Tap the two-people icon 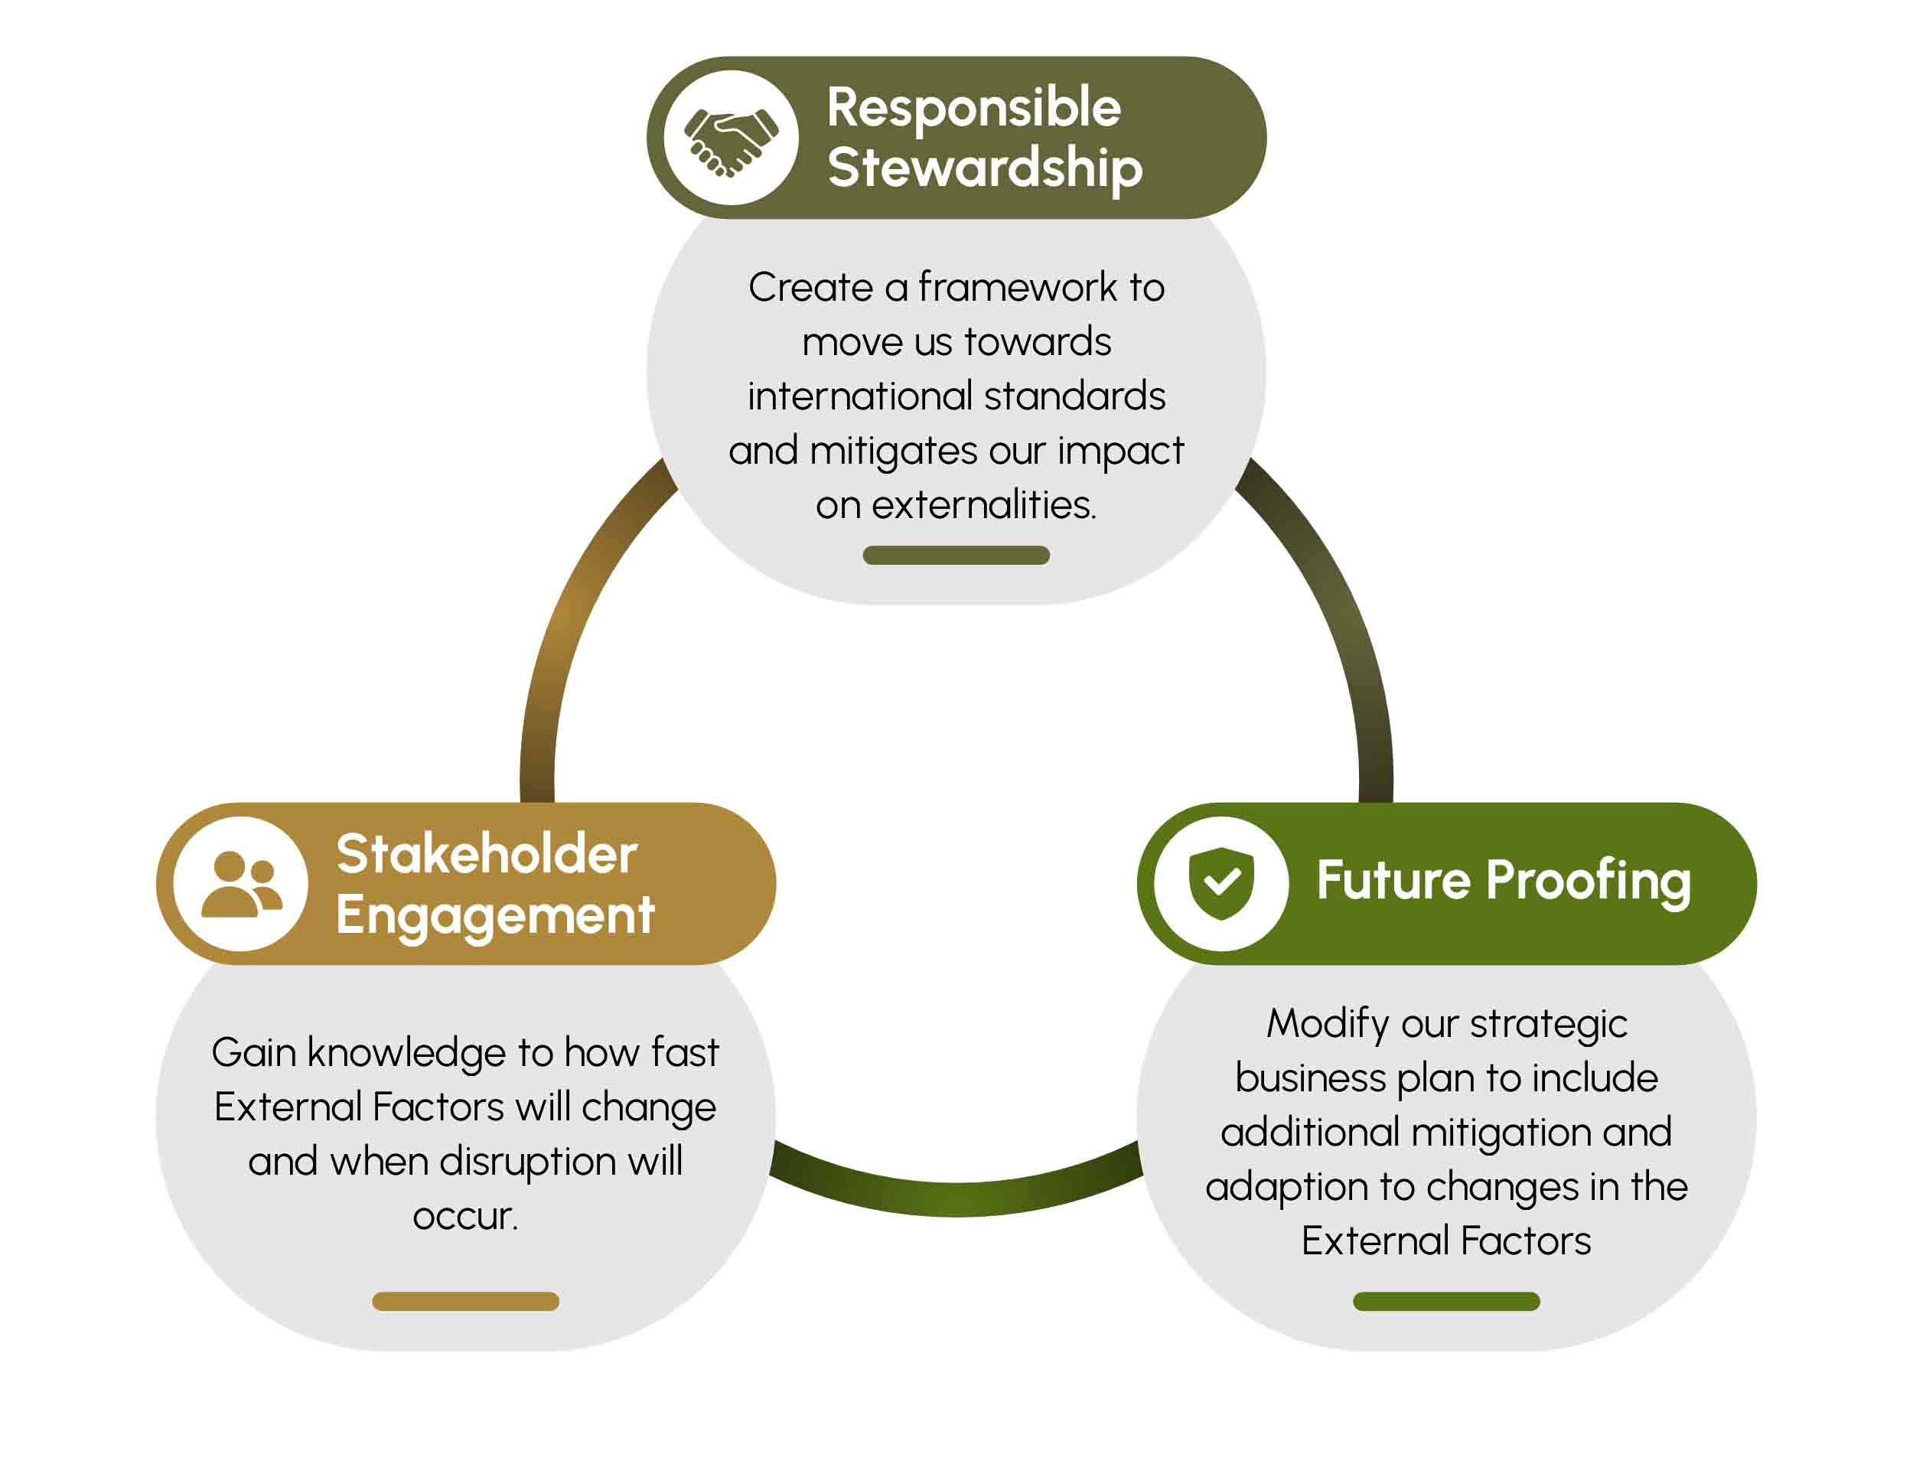(241, 884)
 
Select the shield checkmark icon (1221, 882)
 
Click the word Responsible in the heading (973, 108)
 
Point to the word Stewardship (985, 168)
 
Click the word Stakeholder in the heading (486, 854)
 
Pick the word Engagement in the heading (495, 916)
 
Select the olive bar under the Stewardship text (956, 556)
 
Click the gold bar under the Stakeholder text (465, 1302)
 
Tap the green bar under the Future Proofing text (1446, 1302)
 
